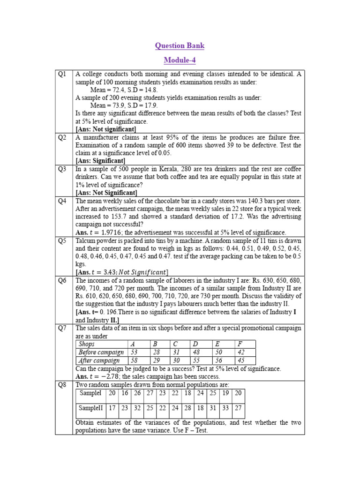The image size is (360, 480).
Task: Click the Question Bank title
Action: click(x=180, y=46)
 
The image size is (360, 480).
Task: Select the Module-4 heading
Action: click(x=180, y=60)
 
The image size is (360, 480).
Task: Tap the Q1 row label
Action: click(x=63, y=74)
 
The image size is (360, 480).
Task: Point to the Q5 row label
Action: click(x=63, y=240)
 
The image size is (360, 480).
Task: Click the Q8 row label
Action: click(x=63, y=384)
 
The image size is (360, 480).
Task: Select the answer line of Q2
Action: click(x=100, y=161)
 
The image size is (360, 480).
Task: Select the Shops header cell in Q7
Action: click(x=87, y=344)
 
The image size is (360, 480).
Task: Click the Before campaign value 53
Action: click(x=134, y=352)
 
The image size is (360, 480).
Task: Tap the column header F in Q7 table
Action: click(x=240, y=344)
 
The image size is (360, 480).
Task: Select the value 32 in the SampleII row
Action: click(x=137, y=408)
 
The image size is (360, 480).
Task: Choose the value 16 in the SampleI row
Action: click(x=124, y=393)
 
